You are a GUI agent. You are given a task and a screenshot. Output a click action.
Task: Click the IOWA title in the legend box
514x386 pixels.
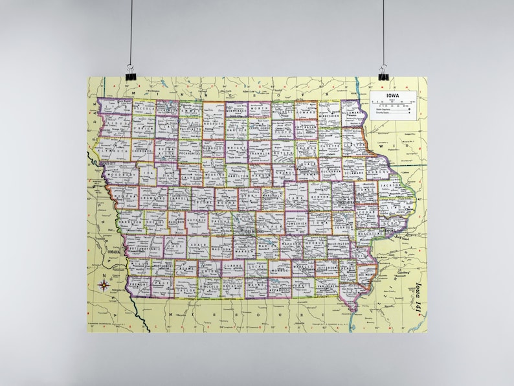coord(393,96)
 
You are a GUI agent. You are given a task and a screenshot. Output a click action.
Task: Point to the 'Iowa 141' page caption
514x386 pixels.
coord(418,294)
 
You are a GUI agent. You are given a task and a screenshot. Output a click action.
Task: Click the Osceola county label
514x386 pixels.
coord(144,110)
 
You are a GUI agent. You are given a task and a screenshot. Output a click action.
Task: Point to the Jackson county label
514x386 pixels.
coord(390,185)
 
